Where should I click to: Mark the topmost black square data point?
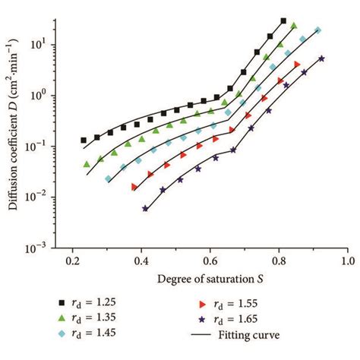coord(283,21)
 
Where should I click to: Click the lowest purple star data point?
coord(145,208)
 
